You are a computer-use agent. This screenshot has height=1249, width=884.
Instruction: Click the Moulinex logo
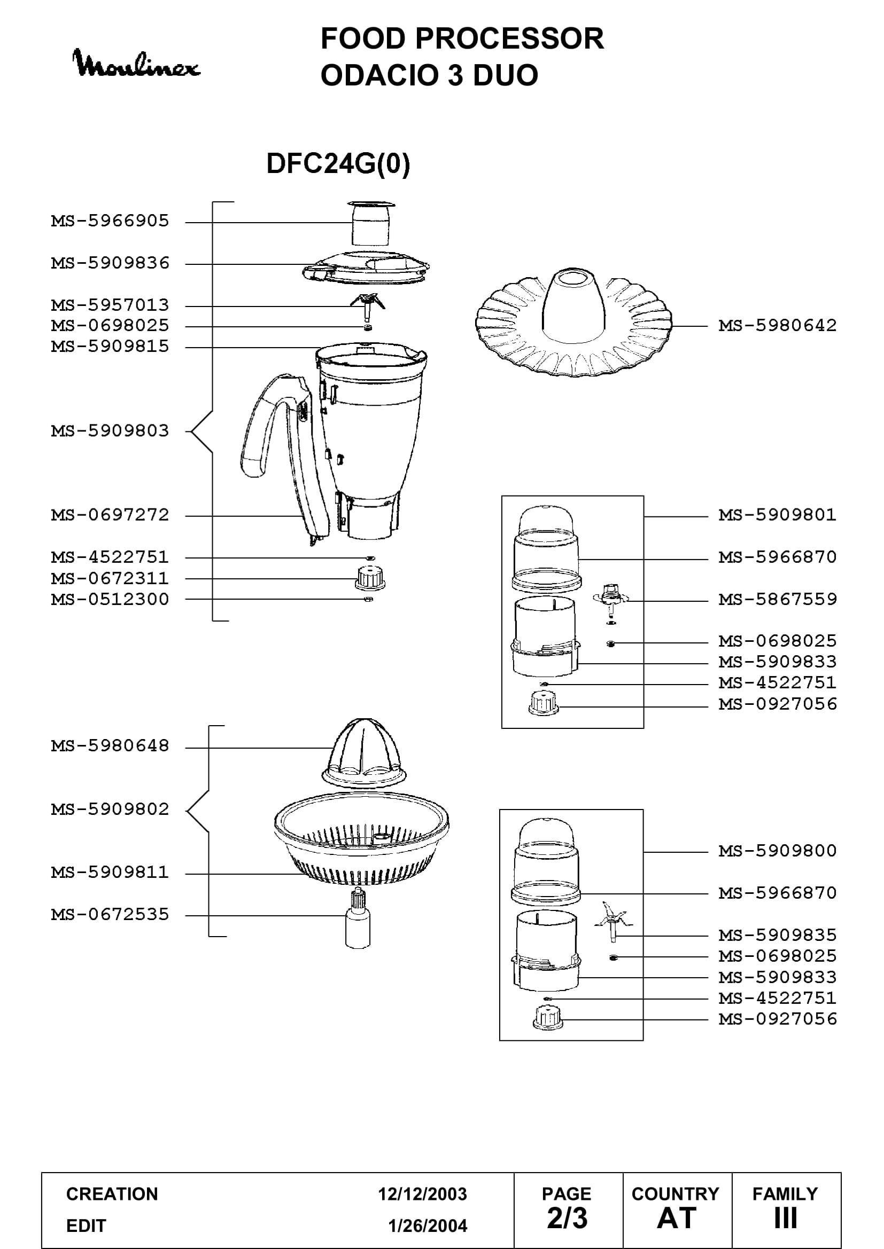(x=136, y=64)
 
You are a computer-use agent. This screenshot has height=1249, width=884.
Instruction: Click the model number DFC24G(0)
(x=338, y=163)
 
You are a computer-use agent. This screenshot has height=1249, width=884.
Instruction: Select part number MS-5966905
(x=110, y=221)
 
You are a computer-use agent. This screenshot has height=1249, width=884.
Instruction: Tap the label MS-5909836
(x=110, y=263)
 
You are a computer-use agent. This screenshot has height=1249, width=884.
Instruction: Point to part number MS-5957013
(x=110, y=305)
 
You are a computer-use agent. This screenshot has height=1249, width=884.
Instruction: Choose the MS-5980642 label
(x=777, y=326)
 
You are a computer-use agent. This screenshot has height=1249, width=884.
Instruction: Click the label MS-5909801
(x=777, y=515)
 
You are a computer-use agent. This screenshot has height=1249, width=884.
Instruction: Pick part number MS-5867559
(x=777, y=600)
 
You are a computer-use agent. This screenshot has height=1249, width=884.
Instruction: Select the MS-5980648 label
(x=110, y=746)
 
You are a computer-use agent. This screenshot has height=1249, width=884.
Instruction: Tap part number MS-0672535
(x=110, y=914)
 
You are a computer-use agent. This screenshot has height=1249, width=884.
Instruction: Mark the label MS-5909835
(x=777, y=935)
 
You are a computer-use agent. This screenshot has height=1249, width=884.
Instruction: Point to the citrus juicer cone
(x=364, y=752)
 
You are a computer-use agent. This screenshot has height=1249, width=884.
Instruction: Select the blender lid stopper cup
(x=371, y=223)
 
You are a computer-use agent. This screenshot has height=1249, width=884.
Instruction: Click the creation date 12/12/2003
(x=422, y=1194)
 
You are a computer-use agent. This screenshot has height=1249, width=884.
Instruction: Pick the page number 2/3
(x=567, y=1218)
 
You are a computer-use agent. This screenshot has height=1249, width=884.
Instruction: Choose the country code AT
(x=677, y=1218)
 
